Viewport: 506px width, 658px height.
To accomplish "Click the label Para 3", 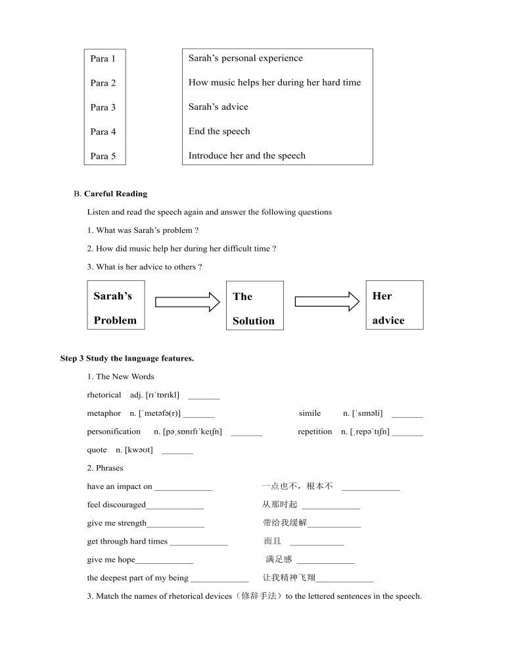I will (x=103, y=108).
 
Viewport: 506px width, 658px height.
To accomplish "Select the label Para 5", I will (x=103, y=157).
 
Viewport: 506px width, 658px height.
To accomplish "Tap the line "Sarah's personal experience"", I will (x=245, y=59).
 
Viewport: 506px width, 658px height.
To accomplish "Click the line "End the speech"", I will (x=219, y=132).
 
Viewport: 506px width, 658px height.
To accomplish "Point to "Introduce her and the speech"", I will (x=246, y=156).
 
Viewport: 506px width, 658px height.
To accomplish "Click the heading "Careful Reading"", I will (x=116, y=194).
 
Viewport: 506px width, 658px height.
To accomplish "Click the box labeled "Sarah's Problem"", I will (x=116, y=305).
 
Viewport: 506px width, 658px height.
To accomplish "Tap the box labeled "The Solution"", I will (x=254, y=306).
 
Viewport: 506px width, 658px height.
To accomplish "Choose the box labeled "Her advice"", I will (x=394, y=305).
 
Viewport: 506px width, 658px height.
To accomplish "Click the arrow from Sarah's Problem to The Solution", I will (x=187, y=302).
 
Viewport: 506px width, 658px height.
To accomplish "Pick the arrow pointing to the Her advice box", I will (x=327, y=301).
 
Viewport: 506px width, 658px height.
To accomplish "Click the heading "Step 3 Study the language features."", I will (x=127, y=359).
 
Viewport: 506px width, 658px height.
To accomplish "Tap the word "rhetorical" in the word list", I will (x=104, y=395).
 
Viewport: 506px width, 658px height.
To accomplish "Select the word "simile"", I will (x=310, y=414).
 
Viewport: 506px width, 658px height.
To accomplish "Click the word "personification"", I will (x=114, y=432).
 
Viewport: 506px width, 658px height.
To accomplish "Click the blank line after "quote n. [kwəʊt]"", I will (x=177, y=452).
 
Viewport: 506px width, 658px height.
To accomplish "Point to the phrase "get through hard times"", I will (x=127, y=542).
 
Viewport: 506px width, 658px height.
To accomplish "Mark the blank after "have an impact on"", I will (x=183, y=488).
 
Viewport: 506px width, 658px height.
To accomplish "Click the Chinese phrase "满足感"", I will (x=279, y=560).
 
